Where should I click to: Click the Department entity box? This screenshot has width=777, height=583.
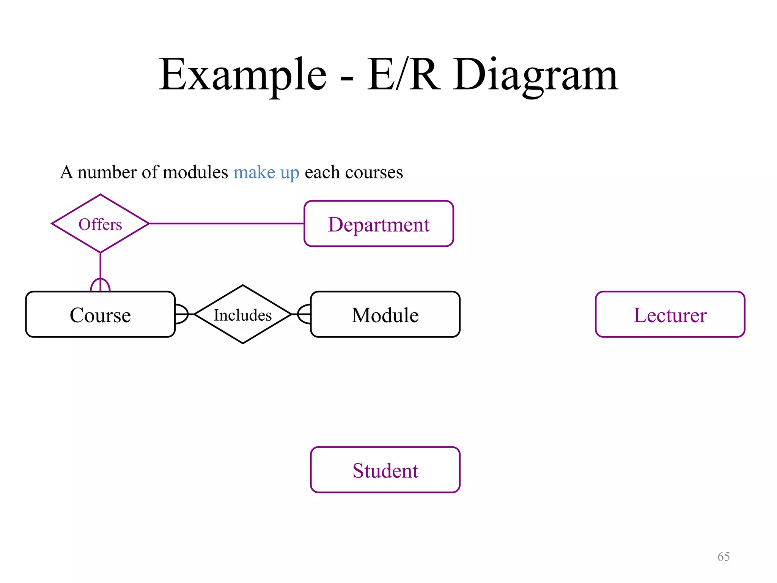click(379, 224)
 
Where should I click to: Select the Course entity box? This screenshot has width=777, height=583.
click(100, 315)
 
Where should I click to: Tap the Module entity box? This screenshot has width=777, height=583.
click(385, 315)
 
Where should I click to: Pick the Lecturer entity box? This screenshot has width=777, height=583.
click(670, 315)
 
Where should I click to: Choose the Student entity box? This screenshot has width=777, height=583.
click(385, 470)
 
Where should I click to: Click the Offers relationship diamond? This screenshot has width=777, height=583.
click(100, 224)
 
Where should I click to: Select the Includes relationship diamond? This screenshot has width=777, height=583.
click(243, 315)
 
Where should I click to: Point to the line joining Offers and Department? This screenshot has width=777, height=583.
click(226, 224)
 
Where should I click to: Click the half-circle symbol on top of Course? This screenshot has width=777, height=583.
click(100, 285)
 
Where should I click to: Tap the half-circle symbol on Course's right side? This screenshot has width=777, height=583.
click(182, 314)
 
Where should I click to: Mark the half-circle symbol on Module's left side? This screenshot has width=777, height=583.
click(304, 314)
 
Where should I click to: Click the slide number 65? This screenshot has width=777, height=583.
click(724, 556)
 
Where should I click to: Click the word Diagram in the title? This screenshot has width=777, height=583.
click(535, 75)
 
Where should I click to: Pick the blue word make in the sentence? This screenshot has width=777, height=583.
click(254, 172)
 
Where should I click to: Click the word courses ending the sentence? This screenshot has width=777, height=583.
click(374, 173)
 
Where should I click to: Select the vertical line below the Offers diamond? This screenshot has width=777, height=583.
click(100, 266)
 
